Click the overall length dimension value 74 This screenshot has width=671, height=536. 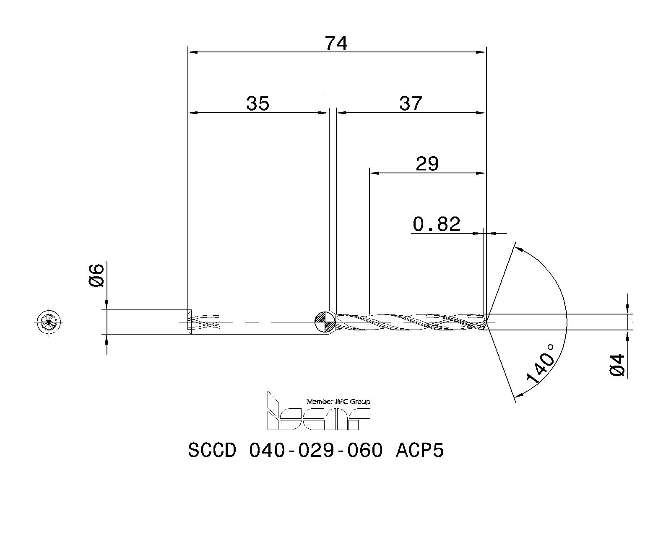(336, 43)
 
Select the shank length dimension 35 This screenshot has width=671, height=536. (257, 103)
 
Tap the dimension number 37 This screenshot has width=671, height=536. (411, 103)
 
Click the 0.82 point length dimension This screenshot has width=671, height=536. (436, 224)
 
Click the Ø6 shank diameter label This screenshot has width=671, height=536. (96, 275)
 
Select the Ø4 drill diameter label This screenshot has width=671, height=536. (617, 365)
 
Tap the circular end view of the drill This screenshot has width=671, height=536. (49, 322)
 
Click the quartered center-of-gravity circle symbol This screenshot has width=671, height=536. (325, 322)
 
